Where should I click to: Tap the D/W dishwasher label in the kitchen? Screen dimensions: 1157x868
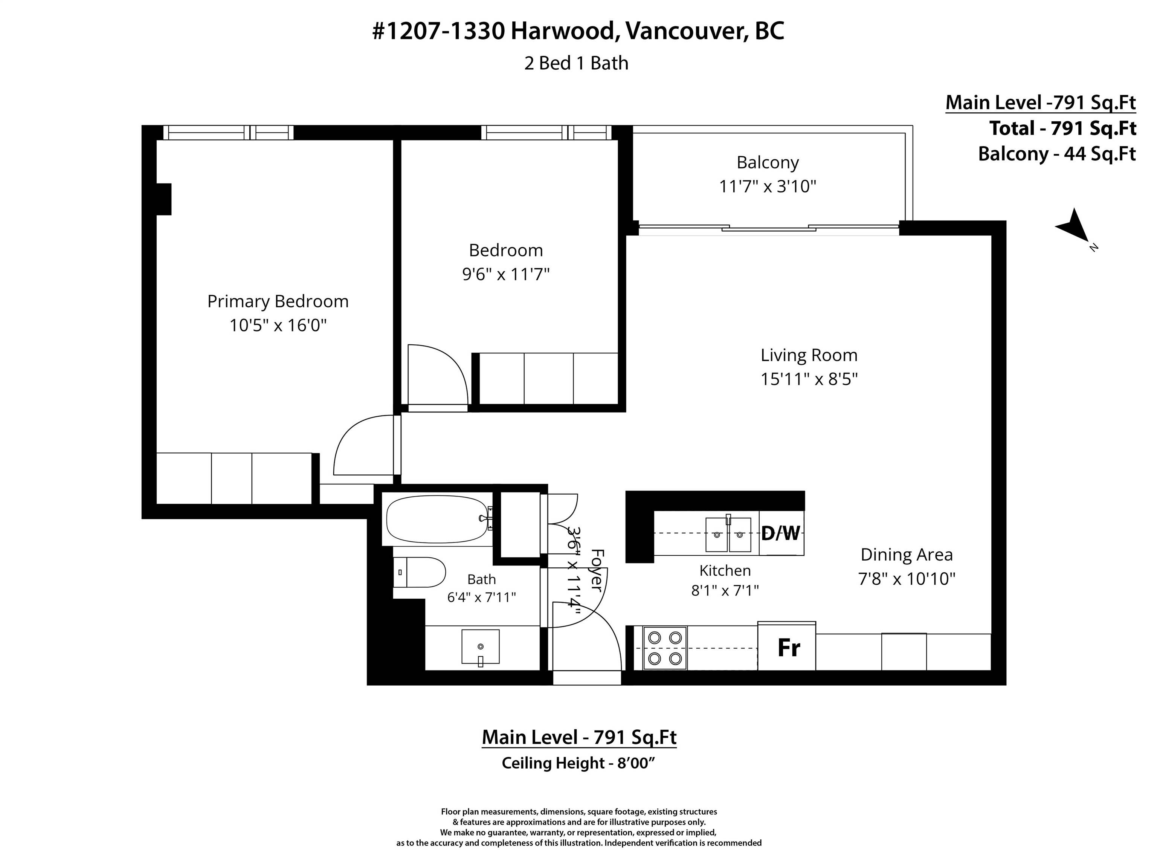[780, 534]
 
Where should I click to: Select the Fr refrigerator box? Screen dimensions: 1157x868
[787, 647]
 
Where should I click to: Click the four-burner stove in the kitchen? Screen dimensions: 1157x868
[664, 648]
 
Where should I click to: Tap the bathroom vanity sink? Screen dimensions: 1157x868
[480, 648]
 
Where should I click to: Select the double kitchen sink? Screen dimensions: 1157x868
[728, 534]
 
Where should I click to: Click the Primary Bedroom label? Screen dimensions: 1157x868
[278, 301]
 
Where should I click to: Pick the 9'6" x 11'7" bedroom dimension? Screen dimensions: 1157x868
[506, 274]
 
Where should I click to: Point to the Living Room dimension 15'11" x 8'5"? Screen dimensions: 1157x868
[809, 379]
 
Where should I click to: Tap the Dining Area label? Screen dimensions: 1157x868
[907, 555]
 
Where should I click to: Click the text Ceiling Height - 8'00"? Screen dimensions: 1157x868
[578, 763]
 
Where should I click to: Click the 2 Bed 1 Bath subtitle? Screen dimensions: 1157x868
[576, 63]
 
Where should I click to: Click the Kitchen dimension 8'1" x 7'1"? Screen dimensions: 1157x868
[725, 590]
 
